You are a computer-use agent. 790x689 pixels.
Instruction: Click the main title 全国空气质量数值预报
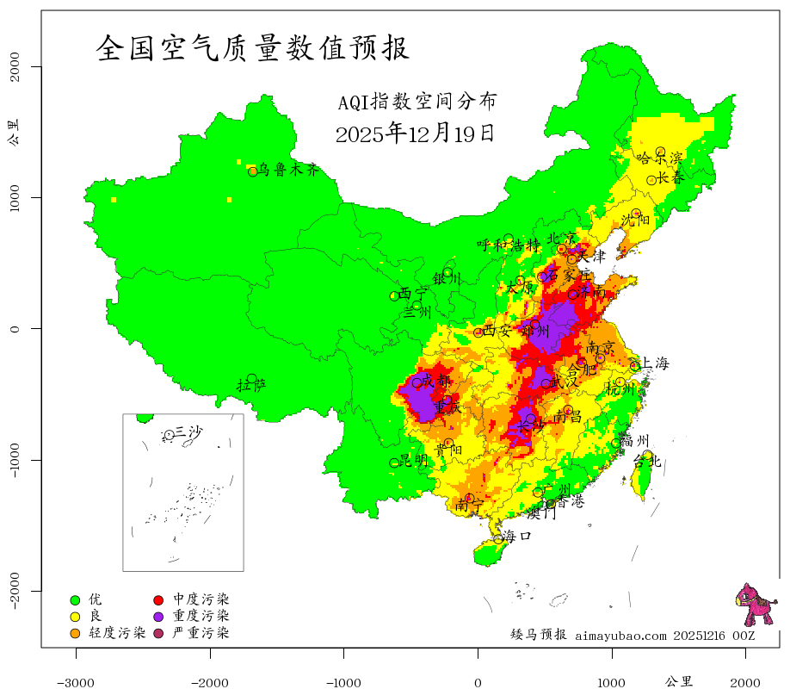[253, 48]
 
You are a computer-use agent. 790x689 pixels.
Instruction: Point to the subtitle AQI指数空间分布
[417, 102]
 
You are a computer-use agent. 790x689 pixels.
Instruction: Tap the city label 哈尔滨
[659, 158]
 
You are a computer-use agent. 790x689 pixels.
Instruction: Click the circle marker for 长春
[651, 180]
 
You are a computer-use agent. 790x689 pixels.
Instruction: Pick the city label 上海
[654, 363]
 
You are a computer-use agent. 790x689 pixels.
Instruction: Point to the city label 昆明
[413, 461]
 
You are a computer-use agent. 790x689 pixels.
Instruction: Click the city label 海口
[517, 536]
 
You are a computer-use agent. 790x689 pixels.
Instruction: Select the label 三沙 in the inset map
[188, 431]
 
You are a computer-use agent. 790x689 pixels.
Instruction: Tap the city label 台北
[646, 462]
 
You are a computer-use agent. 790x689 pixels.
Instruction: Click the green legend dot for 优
[75, 599]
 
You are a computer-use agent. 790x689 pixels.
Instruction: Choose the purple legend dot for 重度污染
[159, 617]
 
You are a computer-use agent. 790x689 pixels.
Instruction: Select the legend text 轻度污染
[117, 634]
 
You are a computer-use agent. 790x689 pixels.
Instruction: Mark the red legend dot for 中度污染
[159, 599]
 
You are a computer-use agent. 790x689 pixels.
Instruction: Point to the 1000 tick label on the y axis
[14, 197]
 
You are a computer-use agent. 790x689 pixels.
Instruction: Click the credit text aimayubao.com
[620, 636]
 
